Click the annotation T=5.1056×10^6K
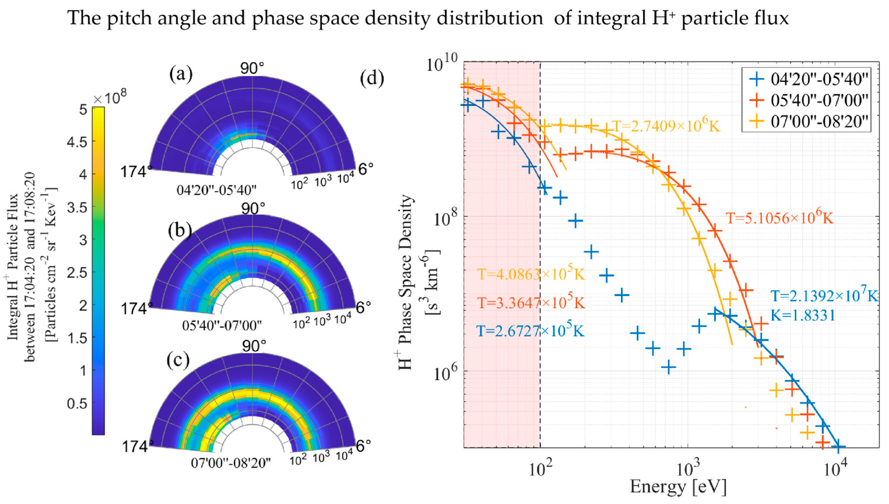point(779,218)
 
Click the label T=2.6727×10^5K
point(530,331)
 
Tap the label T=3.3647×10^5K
point(531,303)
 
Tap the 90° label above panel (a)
point(252,69)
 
